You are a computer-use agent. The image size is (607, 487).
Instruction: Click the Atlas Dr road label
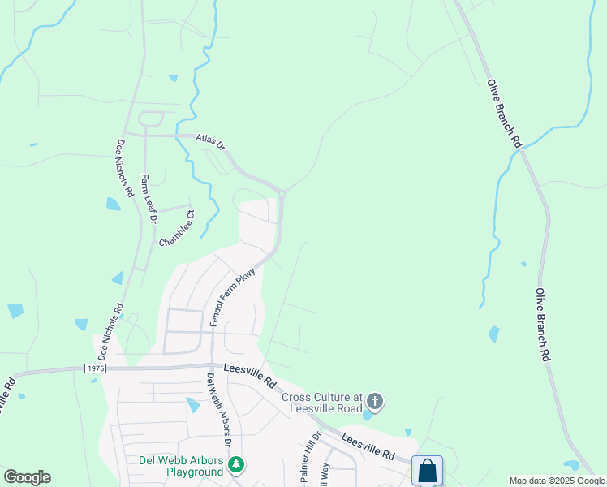click(x=209, y=142)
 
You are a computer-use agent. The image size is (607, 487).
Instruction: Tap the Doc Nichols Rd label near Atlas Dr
click(x=124, y=169)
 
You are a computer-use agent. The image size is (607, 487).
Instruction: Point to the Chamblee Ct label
click(x=177, y=229)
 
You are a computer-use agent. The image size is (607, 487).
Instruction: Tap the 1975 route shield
click(x=95, y=368)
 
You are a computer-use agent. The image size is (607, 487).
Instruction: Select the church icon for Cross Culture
click(x=374, y=401)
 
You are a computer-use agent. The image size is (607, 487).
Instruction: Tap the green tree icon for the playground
click(x=235, y=465)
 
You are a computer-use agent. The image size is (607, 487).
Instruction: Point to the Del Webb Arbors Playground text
click(x=183, y=466)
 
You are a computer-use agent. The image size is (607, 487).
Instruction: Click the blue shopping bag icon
click(x=427, y=471)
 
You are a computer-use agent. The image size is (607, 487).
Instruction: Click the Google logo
click(x=27, y=477)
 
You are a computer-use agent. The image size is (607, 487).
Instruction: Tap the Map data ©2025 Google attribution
click(x=557, y=481)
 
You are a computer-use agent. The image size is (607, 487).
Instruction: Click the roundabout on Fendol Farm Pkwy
click(x=282, y=193)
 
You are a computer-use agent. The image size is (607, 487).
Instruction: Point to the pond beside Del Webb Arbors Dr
click(x=192, y=404)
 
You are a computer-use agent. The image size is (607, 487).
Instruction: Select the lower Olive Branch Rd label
click(x=543, y=325)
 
